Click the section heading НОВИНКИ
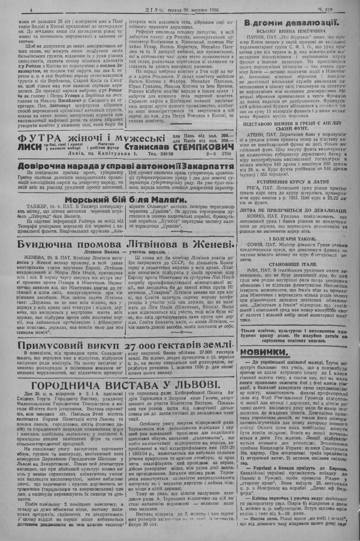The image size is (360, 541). point(263,351)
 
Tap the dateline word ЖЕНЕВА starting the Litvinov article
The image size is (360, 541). point(24,258)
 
